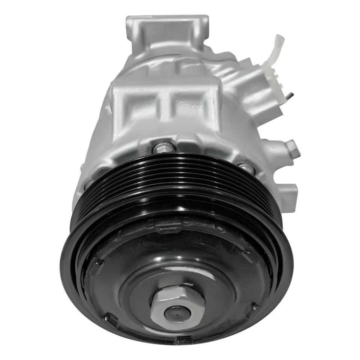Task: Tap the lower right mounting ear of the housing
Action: [x=289, y=195]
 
